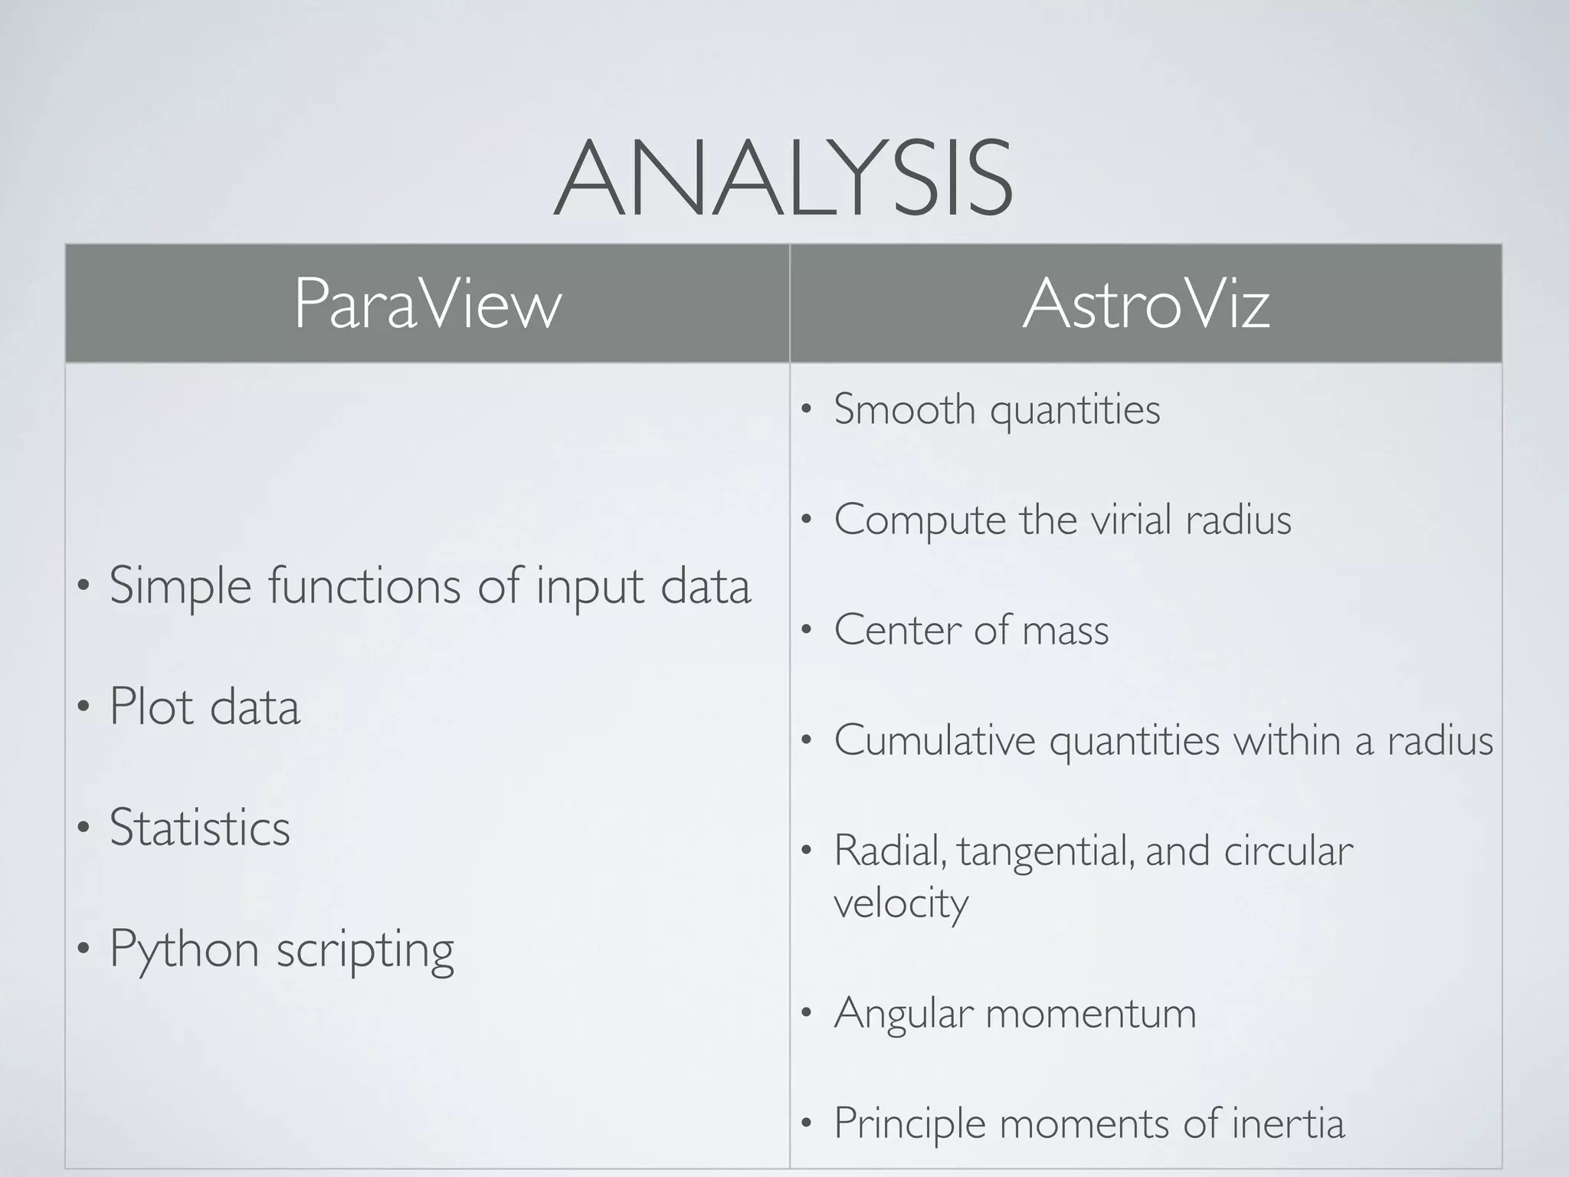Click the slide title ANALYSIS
(783, 179)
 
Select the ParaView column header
(427, 304)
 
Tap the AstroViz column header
(1146, 304)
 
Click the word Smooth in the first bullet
(904, 408)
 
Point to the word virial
(1132, 520)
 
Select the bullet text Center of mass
(971, 630)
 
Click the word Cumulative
(935, 740)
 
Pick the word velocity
(901, 903)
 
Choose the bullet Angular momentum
(1014, 1013)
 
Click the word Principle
(909, 1124)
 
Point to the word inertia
(1288, 1123)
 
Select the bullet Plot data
(204, 706)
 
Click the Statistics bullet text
(199, 828)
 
